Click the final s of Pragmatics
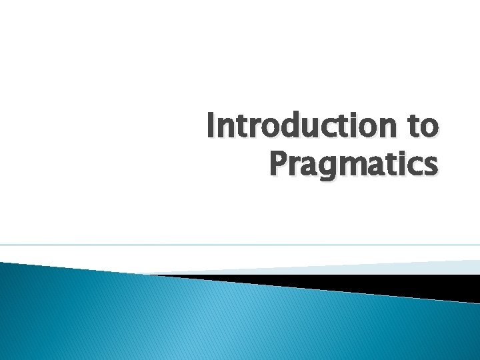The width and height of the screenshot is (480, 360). (x=430, y=165)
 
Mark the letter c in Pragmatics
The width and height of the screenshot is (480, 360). (x=413, y=165)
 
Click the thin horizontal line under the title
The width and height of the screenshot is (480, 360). (x=240, y=245)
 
